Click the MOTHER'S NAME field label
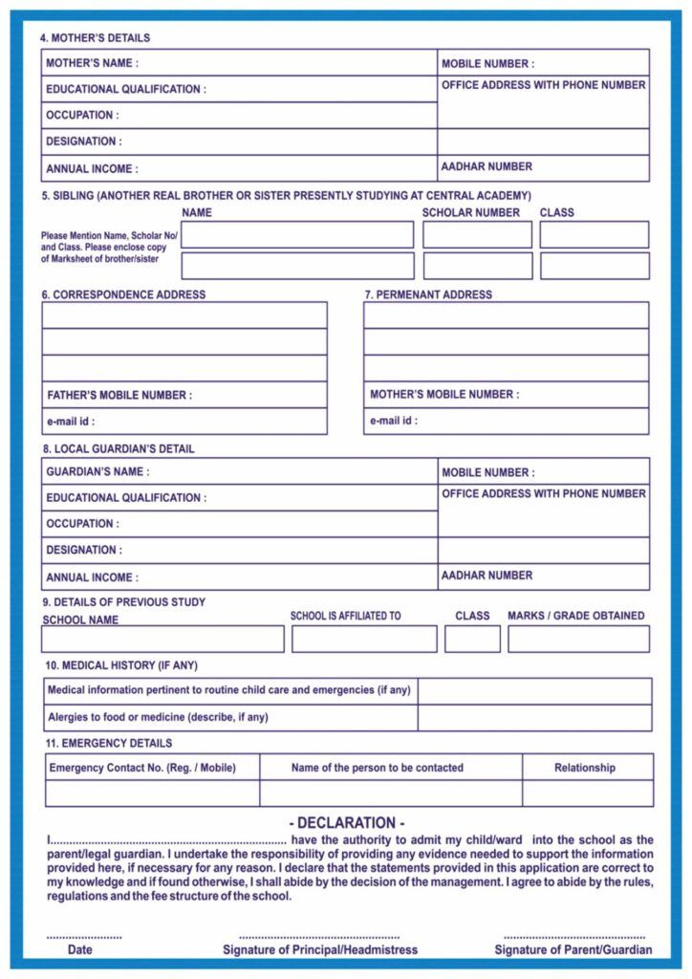pyautogui.click(x=92, y=63)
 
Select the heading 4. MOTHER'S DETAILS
pyautogui.click(x=95, y=38)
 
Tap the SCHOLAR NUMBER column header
pyautogui.click(x=471, y=212)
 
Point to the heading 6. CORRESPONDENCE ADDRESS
pyautogui.click(x=123, y=294)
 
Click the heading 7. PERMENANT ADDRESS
pyautogui.click(x=428, y=294)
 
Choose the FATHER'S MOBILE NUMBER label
pyautogui.click(x=119, y=395)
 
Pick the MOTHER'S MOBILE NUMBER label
pyautogui.click(x=444, y=394)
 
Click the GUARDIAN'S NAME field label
pyautogui.click(x=97, y=471)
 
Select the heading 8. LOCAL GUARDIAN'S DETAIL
pyautogui.click(x=118, y=448)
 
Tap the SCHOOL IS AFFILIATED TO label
pyautogui.click(x=345, y=617)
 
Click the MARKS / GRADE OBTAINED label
pyautogui.click(x=575, y=616)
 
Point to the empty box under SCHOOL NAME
pyautogui.click(x=162, y=639)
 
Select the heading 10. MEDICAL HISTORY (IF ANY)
pyautogui.click(x=121, y=665)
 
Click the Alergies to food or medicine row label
pyautogui.click(x=158, y=717)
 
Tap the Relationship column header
pyautogui.click(x=584, y=768)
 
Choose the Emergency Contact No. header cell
pyautogui.click(x=141, y=768)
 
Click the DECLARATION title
pyautogui.click(x=346, y=823)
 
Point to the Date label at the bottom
pyautogui.click(x=80, y=949)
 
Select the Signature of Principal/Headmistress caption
pyautogui.click(x=320, y=949)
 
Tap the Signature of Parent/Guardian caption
pyautogui.click(x=573, y=949)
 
